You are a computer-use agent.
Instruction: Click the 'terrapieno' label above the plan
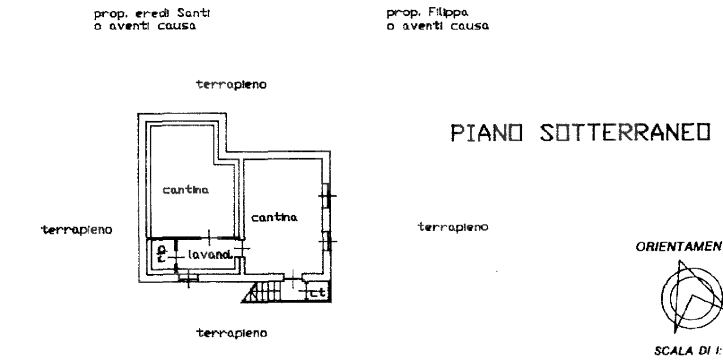coord(230,85)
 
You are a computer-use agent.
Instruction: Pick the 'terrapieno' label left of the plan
coord(77,229)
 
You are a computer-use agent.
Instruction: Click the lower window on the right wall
coord(327,241)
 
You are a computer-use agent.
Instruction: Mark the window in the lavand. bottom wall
coord(188,277)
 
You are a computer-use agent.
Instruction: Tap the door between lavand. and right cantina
coord(241,249)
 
